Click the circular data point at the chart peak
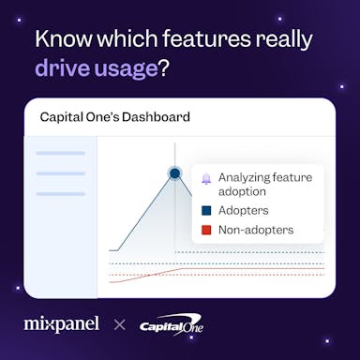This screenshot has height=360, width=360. [174, 172]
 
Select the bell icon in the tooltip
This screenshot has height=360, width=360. [206, 178]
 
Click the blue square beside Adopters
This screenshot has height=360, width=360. [206, 211]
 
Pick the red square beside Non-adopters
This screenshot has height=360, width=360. [206, 230]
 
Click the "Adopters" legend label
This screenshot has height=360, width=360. [243, 211]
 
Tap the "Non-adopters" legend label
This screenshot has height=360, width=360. [255, 230]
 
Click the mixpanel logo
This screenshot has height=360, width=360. [62, 324]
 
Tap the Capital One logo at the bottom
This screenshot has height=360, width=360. [171, 324]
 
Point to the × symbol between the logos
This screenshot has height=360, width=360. [119, 325]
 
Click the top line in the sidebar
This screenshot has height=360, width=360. [60, 153]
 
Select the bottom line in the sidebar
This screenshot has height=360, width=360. [60, 194]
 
